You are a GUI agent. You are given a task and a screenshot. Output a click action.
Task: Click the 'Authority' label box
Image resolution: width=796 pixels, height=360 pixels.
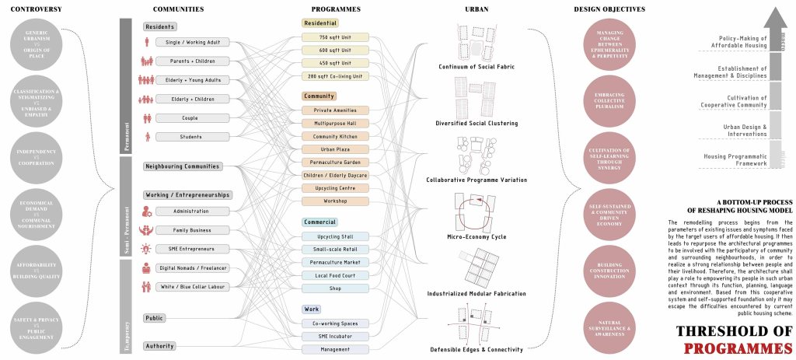[x=160, y=345]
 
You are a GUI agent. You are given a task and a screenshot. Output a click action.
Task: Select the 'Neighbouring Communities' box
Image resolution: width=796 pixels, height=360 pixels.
[x=183, y=166]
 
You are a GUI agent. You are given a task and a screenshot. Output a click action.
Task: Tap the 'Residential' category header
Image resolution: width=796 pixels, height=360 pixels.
[x=321, y=23]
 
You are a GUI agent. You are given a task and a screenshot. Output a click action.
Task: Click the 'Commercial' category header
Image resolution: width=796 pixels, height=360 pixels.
[x=322, y=222]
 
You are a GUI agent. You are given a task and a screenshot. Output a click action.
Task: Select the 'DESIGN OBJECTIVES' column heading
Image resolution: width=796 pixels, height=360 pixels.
[x=609, y=9]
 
